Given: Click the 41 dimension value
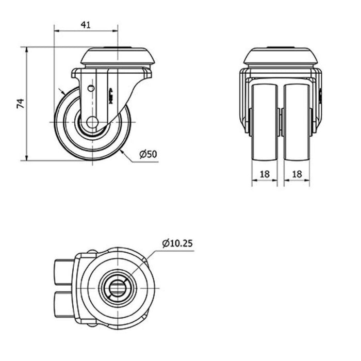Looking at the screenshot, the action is pos(86,25).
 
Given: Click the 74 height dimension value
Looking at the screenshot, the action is pos(21,103).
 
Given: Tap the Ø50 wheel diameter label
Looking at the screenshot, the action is pos(149,154).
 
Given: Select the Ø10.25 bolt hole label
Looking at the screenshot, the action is pos(177,243).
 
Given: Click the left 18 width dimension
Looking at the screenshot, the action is pos(265,174).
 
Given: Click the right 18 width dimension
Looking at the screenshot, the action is pos(297,174).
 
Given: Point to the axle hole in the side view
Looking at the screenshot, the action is pos(92,122).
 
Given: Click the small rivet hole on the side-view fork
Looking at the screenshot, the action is pos(91,88).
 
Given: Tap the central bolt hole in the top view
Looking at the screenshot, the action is pos(118,288).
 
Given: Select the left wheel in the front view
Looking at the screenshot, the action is pos(265,122).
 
